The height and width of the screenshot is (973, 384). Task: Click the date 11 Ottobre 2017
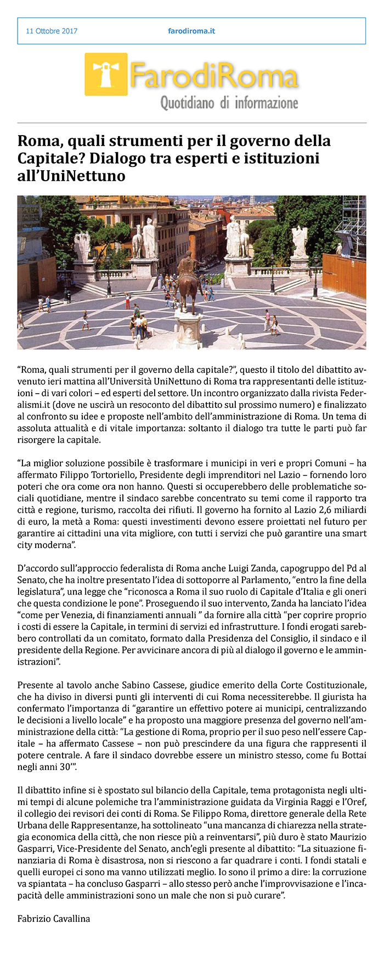click(52, 31)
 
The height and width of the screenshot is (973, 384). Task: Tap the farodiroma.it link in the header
click(191, 31)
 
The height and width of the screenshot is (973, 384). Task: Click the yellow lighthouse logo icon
click(106, 74)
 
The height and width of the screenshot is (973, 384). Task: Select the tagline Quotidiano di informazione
click(229, 103)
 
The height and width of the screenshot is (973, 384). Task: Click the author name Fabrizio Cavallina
click(54, 918)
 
